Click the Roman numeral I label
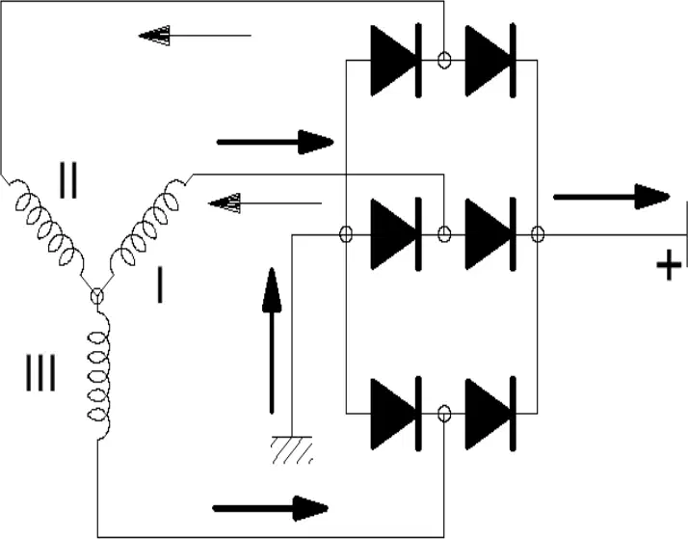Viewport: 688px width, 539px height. [160, 285]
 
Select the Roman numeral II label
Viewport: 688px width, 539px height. [68, 180]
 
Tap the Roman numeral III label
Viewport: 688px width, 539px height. [40, 372]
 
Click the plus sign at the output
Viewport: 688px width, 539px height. [669, 264]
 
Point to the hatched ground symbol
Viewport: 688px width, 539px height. [292, 450]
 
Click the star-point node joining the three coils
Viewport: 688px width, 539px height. [97, 296]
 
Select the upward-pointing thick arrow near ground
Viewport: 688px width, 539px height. [272, 340]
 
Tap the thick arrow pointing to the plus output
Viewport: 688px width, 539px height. [612, 197]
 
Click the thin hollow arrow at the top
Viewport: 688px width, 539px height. [195, 35]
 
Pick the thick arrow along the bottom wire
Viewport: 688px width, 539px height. [270, 509]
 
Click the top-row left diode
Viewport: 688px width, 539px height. [396, 61]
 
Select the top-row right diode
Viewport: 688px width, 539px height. [490, 61]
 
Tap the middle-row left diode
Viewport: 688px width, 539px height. [396, 234]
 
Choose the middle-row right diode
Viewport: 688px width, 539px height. [490, 234]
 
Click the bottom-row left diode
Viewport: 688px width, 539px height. [396, 414]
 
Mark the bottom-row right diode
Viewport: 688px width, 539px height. [490, 414]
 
